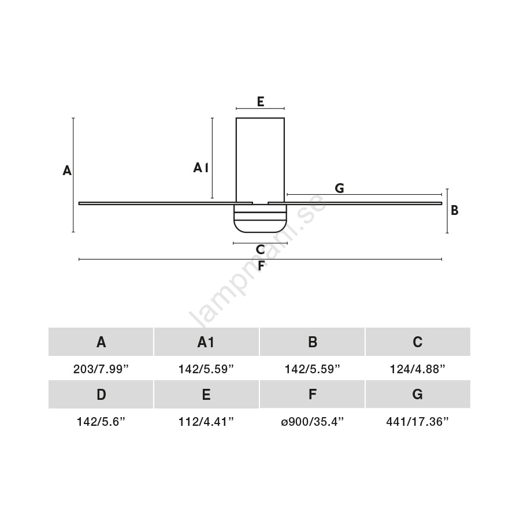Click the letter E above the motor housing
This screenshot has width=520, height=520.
coord(261,102)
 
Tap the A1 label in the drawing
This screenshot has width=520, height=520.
coord(201,168)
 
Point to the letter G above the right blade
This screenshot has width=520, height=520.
coord(339,188)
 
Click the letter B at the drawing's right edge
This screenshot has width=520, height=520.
coord(455,210)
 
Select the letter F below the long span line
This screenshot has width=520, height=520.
coord(261,265)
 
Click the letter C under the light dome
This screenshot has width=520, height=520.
coord(261,250)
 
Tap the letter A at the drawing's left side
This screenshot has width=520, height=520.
coord(67,170)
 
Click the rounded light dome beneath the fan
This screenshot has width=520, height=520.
coord(260,218)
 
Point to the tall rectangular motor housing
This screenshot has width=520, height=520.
coord(261,160)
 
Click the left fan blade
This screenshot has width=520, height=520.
coord(165,203)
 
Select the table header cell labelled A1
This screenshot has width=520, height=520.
coord(206,341)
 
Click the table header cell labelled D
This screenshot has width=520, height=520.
coord(101,394)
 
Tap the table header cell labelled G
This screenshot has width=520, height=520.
coord(418,394)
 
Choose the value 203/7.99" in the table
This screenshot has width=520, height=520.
coord(101,369)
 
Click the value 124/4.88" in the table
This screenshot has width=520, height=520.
coord(418,369)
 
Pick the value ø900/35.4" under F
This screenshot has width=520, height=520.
coord(312,422)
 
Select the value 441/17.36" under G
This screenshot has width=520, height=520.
coord(418,422)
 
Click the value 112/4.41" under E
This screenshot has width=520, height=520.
coord(206,422)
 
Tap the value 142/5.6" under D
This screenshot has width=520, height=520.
coord(101,422)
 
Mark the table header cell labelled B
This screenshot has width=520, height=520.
coord(312,341)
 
